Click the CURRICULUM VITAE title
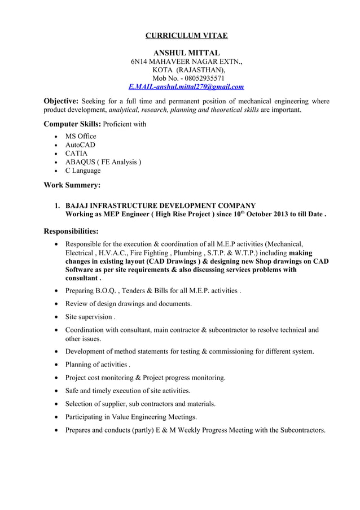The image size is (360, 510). [x=186, y=36]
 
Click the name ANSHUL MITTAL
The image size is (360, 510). [x=186, y=53]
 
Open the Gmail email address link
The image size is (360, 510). [x=186, y=87]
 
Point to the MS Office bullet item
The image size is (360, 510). [x=81, y=136]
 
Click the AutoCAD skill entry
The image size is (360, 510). [x=80, y=145]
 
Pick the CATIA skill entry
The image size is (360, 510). [x=76, y=153]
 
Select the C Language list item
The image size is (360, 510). [x=83, y=171]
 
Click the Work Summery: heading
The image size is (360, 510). [x=72, y=185]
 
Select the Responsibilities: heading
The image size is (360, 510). [x=71, y=231]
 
